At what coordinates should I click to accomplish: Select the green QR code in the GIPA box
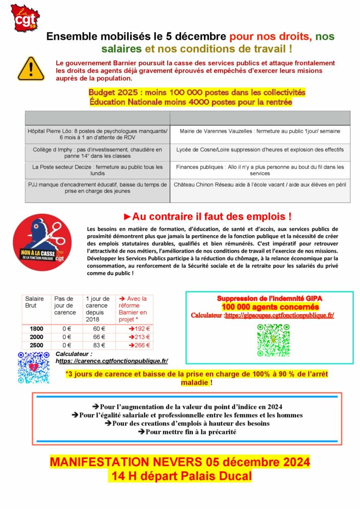coord(273,340)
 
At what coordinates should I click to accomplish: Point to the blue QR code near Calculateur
coord(33,367)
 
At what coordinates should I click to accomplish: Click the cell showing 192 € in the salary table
coord(134,329)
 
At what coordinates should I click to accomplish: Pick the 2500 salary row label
coord(36,345)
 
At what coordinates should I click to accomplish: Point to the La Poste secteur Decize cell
coord(97,170)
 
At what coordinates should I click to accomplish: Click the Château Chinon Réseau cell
coord(260,184)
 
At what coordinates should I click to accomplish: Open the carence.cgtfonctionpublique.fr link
coord(112,361)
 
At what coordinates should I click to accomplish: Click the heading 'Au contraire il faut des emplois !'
coord(207,217)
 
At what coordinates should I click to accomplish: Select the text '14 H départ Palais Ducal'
coord(180,476)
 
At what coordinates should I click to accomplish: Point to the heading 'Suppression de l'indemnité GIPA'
coord(270,298)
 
